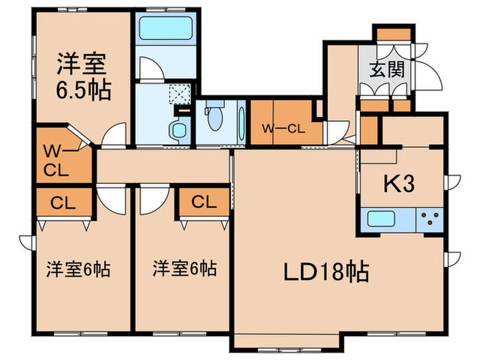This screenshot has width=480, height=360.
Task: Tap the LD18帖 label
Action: click(326, 272)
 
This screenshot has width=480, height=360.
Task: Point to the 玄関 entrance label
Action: click(387, 69)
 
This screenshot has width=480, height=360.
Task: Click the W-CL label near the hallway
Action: click(283, 128)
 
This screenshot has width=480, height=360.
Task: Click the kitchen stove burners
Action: click(431, 220)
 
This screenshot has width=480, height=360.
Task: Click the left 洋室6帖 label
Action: click(78, 267)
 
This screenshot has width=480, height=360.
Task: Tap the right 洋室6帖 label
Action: click(185, 267)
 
